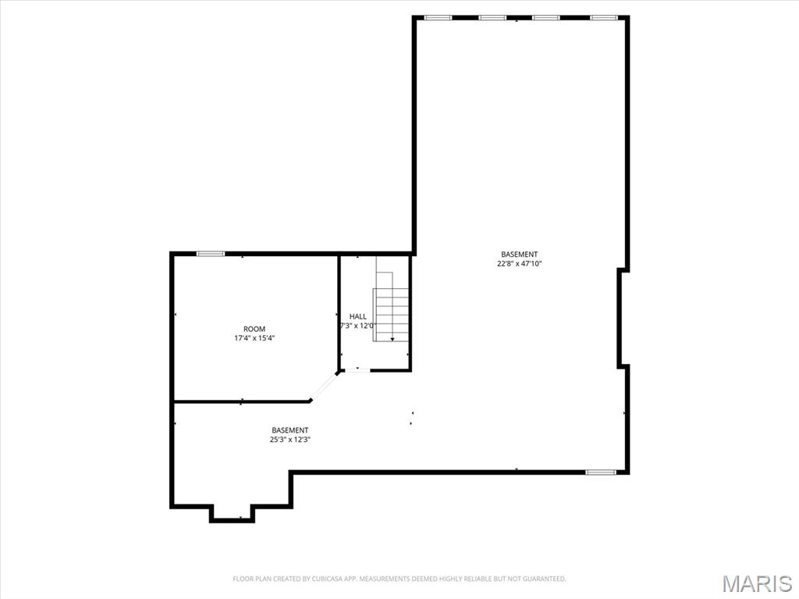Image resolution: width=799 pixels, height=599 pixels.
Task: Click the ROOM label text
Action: point(254,329)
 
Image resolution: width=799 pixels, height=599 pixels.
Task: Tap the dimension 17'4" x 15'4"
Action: point(254,337)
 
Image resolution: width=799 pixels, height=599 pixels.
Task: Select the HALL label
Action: point(357,316)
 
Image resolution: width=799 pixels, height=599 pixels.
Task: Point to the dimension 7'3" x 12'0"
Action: point(357,326)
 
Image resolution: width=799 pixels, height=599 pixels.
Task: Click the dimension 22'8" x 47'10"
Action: point(519,264)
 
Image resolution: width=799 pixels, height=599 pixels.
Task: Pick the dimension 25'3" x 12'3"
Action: point(290,440)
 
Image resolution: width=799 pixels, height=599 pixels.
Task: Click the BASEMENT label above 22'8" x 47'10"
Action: point(519,254)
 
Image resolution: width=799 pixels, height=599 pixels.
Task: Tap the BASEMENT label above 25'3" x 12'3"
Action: point(290,430)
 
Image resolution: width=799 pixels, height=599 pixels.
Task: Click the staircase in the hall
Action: point(392,306)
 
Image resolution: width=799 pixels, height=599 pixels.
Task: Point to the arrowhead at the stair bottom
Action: point(392,339)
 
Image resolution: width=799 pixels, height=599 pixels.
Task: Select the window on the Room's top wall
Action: point(211,254)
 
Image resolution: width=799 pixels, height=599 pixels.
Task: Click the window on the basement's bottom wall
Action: point(601,472)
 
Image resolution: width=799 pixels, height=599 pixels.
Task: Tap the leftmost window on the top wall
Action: point(439,18)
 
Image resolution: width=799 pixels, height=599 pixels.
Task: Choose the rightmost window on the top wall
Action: point(604,18)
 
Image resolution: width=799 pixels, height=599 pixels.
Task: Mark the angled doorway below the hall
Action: point(323,387)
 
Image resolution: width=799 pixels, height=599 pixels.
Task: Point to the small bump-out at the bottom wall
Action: point(232,513)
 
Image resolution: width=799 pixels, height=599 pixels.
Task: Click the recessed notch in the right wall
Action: point(621,317)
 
